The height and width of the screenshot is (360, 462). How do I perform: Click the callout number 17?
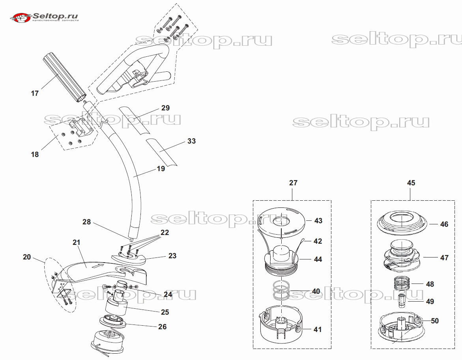coord(35,93)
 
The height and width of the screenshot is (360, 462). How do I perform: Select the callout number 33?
coord(191,141)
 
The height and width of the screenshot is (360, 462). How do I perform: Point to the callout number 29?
coord(166,108)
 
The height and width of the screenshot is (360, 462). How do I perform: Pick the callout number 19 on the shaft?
coord(161,169)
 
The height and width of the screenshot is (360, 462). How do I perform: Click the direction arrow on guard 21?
coord(98,266)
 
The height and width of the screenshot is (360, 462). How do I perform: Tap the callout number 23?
coord(172,256)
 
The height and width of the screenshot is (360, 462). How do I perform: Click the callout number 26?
coord(162,326)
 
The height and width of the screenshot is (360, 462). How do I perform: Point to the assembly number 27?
coord(293,183)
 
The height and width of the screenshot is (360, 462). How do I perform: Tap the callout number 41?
coord(318,329)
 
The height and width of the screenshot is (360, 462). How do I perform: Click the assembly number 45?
coord(411,183)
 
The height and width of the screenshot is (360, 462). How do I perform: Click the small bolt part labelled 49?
coord(402,301)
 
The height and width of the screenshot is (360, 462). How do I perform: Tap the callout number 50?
coord(435,321)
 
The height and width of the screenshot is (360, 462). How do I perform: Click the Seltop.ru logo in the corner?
coord(44,17)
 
